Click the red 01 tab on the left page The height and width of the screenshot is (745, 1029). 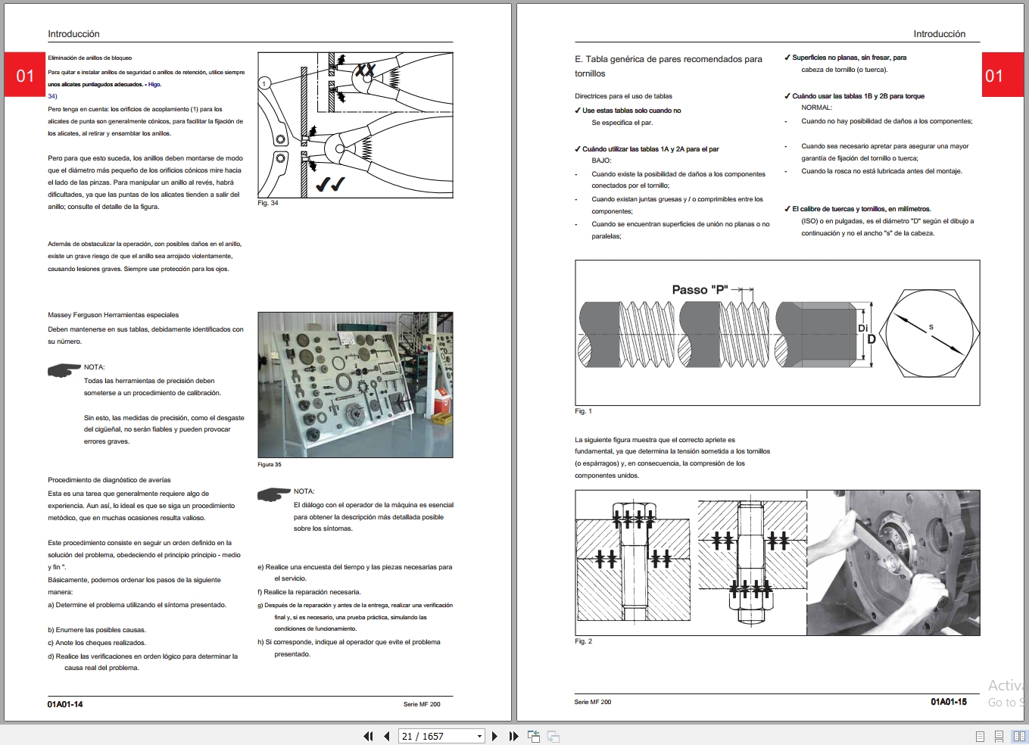click(25, 75)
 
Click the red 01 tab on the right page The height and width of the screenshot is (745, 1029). click(993, 75)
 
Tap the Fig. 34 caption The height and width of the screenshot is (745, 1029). click(268, 203)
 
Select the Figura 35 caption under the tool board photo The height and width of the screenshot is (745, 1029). click(269, 464)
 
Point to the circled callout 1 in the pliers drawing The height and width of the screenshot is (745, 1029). click(264, 83)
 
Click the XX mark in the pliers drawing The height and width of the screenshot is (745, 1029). click(366, 70)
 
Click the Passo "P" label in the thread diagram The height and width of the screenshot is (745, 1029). click(700, 289)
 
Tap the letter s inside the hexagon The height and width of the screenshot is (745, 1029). click(931, 327)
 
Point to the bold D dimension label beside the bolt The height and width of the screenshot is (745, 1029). click(871, 339)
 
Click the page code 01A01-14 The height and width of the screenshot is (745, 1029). click(65, 704)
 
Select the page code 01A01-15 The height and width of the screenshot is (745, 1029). click(948, 702)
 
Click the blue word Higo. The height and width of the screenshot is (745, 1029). click(154, 85)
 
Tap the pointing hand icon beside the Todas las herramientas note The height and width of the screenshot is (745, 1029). click(64, 370)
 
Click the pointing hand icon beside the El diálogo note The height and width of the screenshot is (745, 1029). click(274, 494)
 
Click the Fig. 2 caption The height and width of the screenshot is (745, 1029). click(583, 641)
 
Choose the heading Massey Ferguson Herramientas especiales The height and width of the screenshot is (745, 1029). click(114, 315)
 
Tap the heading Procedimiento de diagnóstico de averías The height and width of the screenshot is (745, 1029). click(109, 480)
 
